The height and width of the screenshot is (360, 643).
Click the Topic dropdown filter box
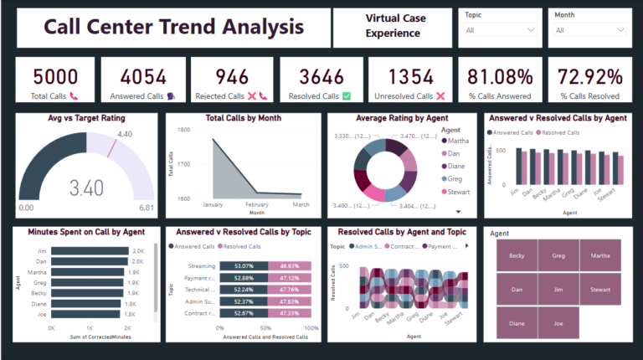click(x=500, y=30)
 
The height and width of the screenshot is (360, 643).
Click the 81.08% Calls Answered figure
click(x=501, y=76)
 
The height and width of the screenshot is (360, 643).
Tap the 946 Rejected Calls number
click(x=232, y=76)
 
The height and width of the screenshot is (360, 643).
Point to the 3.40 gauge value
click(x=87, y=186)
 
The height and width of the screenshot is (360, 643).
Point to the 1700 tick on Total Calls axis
click(x=183, y=166)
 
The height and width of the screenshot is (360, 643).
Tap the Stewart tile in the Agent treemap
click(x=600, y=289)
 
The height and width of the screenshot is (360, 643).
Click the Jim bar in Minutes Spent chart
click(x=92, y=250)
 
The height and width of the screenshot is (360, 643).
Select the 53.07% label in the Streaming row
click(x=244, y=265)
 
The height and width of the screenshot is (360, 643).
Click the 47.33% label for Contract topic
click(x=289, y=312)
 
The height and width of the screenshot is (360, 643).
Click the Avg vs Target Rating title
click(x=86, y=118)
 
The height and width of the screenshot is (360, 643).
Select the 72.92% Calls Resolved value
click(x=590, y=76)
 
